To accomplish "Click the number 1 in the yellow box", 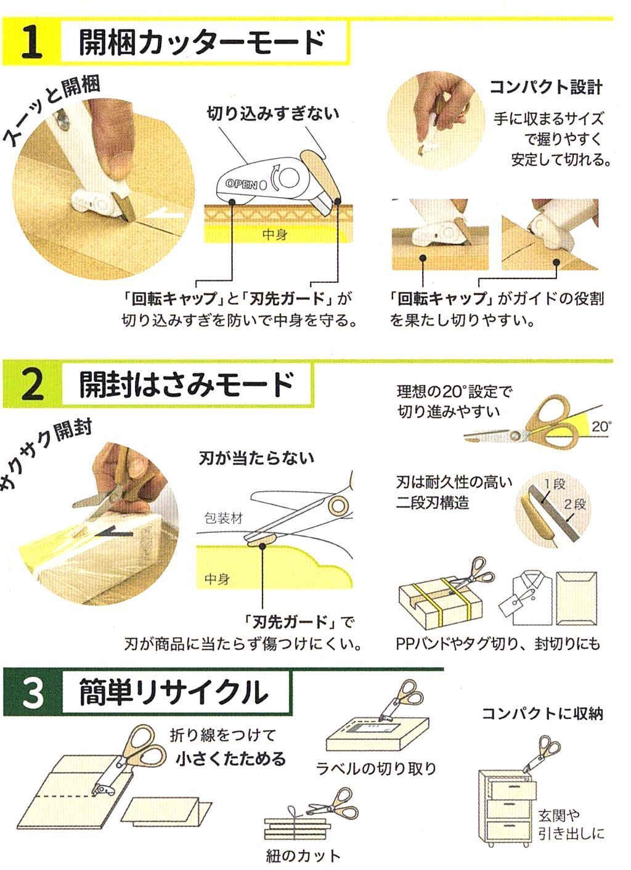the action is click(32, 43).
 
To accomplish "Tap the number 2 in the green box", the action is click(33, 384).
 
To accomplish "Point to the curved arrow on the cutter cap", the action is click(274, 177).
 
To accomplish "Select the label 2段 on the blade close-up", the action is click(574, 505).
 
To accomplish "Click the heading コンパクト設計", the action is click(546, 87).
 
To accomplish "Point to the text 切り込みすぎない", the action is click(273, 113).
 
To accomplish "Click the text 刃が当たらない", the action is click(256, 458).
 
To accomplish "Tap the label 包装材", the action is click(224, 519).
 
